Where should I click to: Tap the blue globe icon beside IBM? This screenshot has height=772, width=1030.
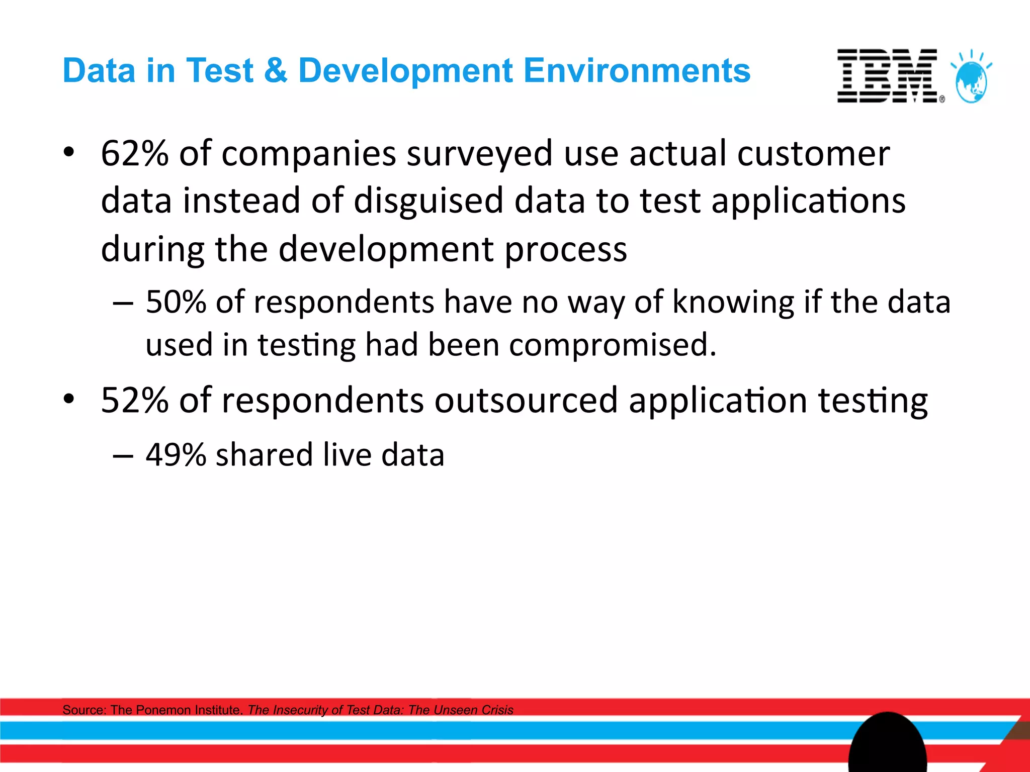972,80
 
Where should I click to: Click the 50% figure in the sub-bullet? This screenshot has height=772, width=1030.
176,302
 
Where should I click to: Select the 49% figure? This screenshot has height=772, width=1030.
176,455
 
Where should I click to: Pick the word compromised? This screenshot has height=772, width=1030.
613,345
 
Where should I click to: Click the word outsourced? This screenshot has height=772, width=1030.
526,401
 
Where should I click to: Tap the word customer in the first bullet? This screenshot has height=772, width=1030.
813,153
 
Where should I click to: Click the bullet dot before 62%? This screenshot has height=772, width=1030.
69,152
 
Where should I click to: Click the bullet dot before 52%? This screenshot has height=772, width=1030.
69,399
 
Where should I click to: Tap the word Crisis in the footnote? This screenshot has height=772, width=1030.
495,710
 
